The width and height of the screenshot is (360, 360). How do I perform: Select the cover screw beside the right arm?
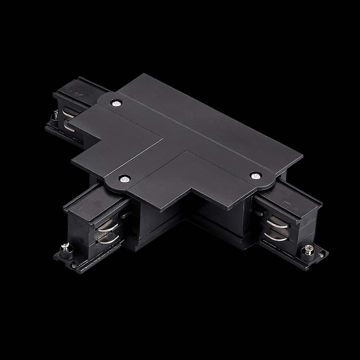pos(255,175)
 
